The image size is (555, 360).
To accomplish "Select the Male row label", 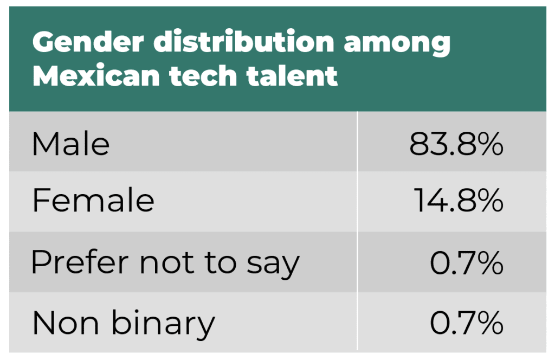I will (71, 144).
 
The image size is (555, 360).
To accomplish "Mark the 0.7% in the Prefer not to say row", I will (467, 263).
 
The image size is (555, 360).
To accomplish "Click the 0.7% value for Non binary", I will (467, 324).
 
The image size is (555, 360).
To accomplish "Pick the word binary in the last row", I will (163, 324).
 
